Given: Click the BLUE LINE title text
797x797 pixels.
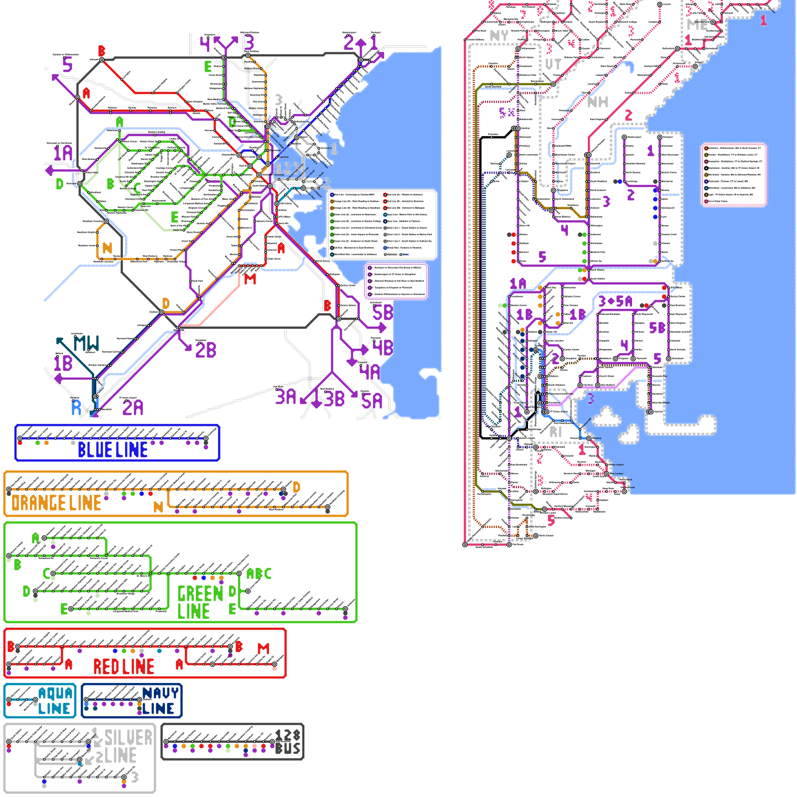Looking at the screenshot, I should (113, 450).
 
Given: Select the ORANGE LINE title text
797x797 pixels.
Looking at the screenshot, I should (56, 503).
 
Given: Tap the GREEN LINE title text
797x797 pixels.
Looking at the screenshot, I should (200, 602).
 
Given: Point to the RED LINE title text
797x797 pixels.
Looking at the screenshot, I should (124, 666).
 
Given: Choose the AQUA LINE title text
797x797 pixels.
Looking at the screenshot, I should (55, 701).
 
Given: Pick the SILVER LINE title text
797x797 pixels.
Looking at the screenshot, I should (127, 746).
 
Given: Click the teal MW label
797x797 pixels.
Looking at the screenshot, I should (86, 343).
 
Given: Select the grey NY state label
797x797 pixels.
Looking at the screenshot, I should (499, 36).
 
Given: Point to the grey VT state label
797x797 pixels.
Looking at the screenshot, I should (553, 64).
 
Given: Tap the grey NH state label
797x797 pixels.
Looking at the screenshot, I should (598, 102).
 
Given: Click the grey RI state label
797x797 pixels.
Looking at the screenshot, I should (555, 432).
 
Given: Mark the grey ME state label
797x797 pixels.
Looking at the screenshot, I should (697, 24).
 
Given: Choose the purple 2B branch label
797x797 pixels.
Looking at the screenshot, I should (206, 350).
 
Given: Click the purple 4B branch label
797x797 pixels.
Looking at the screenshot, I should (383, 347).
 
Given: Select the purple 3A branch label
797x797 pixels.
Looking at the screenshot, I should (286, 397).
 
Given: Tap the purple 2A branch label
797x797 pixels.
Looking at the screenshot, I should (133, 408).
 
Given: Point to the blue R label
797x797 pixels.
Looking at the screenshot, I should (76, 408).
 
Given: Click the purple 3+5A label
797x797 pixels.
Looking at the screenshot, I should (615, 301).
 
